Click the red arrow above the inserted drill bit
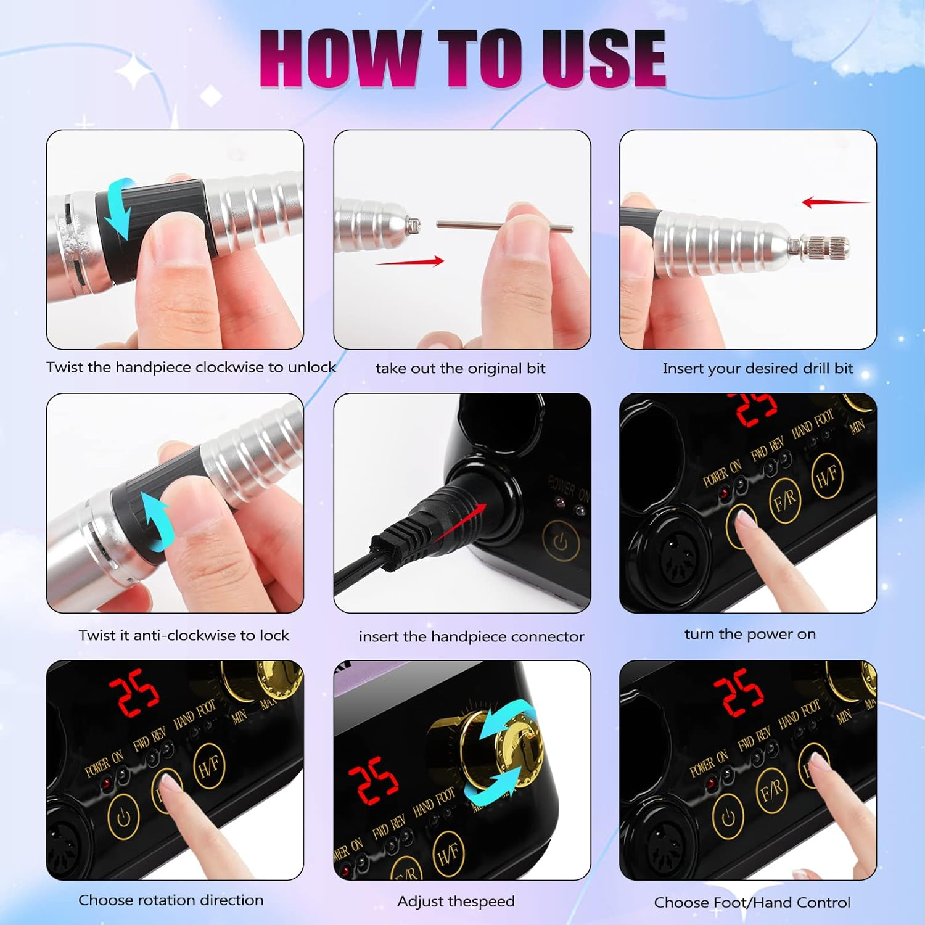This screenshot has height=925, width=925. [x=836, y=202]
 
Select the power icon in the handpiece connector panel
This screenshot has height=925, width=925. [x=561, y=541]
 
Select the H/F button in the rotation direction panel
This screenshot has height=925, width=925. [x=209, y=766]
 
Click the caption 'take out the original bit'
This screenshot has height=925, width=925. [x=461, y=369]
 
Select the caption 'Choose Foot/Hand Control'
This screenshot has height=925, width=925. [x=752, y=903]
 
